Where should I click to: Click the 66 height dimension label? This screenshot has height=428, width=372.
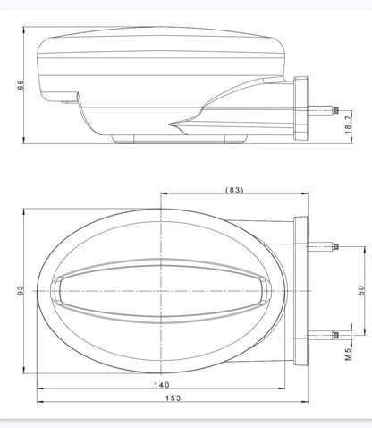[20, 85]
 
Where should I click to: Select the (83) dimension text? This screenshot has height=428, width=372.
[234, 190]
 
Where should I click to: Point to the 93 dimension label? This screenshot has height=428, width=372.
[20, 290]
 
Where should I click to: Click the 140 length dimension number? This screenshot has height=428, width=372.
[162, 385]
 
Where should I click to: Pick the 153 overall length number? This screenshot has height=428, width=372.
[173, 398]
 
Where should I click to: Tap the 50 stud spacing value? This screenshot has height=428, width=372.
[361, 290]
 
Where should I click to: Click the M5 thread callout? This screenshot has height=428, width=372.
[349, 354]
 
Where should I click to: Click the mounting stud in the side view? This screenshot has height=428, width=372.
[324, 111]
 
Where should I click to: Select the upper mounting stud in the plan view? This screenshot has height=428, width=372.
[323, 247]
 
